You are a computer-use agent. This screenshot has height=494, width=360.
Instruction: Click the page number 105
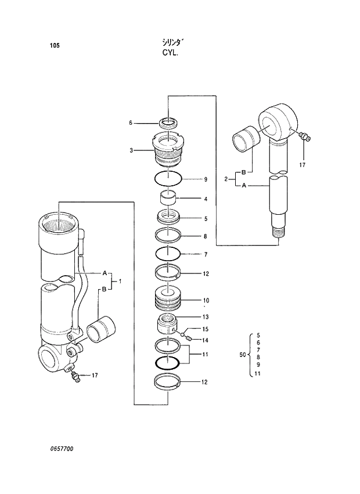click(55, 45)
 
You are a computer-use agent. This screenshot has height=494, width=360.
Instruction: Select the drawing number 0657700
click(62, 449)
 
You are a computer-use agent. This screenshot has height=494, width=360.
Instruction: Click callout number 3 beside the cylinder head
click(131, 150)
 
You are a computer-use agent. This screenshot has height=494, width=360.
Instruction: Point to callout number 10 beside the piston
click(206, 301)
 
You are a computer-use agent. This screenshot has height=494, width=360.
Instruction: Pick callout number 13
click(206, 317)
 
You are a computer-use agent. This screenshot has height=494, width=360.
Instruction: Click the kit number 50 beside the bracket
click(243, 354)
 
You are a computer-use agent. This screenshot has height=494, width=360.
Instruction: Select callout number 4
click(206, 199)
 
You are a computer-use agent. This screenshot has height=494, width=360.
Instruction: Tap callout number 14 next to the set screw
click(206, 340)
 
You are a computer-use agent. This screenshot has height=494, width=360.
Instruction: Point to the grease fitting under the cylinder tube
click(73, 377)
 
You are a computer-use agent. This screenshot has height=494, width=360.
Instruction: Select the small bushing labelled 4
click(168, 199)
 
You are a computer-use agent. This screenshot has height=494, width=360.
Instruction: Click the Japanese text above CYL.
click(172, 42)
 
